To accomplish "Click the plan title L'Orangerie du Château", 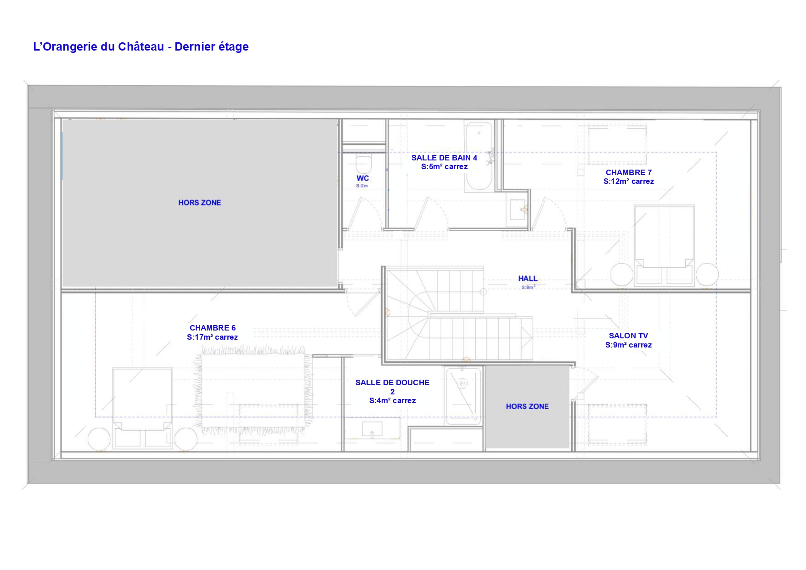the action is tap(99, 46).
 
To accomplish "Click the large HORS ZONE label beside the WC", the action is tap(200, 203).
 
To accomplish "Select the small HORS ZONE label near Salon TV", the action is tap(527, 406).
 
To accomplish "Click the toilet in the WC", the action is tap(363, 163).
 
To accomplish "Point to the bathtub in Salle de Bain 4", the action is tap(479, 156).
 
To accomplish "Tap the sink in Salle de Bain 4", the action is tap(518, 209).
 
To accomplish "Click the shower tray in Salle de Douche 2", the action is tap(463, 395).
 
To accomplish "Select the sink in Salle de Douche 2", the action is tap(372, 429).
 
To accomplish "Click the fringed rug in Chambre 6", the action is tap(253, 390).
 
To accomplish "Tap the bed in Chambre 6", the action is tap(143, 407).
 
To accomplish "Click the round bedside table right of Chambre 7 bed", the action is tap(707, 274).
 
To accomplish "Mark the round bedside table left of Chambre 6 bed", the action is tap(99, 439).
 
